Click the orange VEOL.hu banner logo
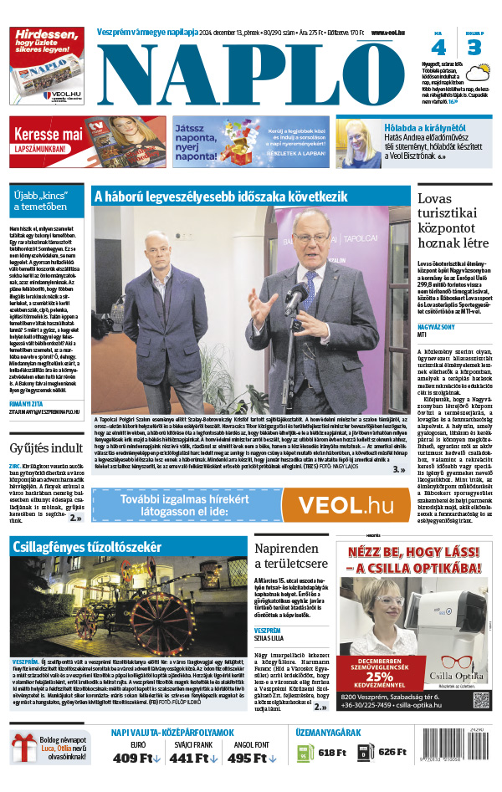click(x=346, y=505)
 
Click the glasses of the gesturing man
click(x=310, y=238)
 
